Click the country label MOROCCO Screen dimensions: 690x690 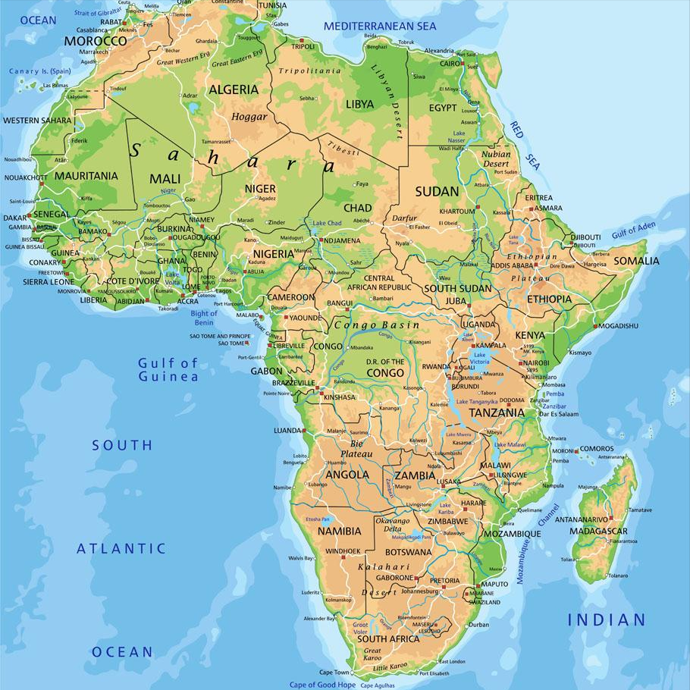coord(95,40)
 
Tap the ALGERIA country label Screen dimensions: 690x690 coord(234,89)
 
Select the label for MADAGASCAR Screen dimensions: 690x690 coord(601,531)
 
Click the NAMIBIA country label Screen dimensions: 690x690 coord(339,532)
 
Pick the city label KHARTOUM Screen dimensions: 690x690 coord(456,211)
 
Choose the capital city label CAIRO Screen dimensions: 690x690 coord(450,64)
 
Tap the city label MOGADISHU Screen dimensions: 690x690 coord(618,326)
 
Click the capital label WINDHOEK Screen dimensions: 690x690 coord(343,550)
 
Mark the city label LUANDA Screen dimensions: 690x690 coord(287,430)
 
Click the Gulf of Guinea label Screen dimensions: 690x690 coord(168,369)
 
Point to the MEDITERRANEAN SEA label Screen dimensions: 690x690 coord(380,26)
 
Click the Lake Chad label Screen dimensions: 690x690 coord(327,224)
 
